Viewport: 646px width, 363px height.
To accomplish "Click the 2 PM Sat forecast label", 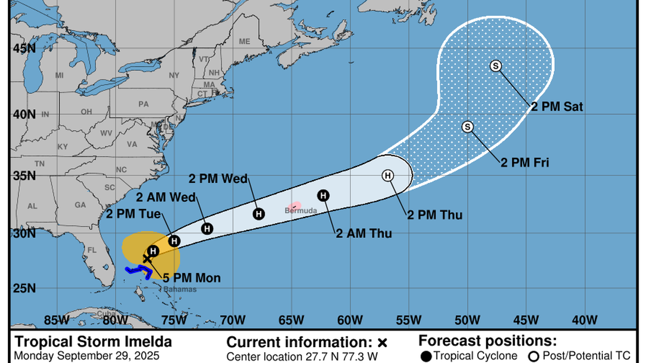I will (557, 106).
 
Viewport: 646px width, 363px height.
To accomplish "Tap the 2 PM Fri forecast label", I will (525, 163).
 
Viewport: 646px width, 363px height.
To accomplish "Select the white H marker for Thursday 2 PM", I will (388, 176).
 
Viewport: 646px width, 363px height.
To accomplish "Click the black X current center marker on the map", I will (147, 259).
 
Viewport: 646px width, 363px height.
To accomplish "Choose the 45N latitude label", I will (23, 48).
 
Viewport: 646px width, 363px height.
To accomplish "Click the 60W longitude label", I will (349, 319).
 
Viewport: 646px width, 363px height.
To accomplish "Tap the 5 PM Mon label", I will (192, 278).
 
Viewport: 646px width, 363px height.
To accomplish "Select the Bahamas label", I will (180, 289).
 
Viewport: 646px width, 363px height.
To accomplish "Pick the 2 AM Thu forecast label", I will (364, 233).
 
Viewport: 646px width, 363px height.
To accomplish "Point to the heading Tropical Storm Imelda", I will (93, 342).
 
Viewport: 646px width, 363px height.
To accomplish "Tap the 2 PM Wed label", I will (219, 179).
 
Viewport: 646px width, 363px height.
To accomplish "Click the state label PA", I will (143, 104).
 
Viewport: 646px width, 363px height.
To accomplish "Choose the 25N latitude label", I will (23, 289).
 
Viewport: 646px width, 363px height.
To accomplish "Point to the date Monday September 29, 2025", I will (87, 356).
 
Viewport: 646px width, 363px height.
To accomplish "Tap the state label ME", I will (244, 42).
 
